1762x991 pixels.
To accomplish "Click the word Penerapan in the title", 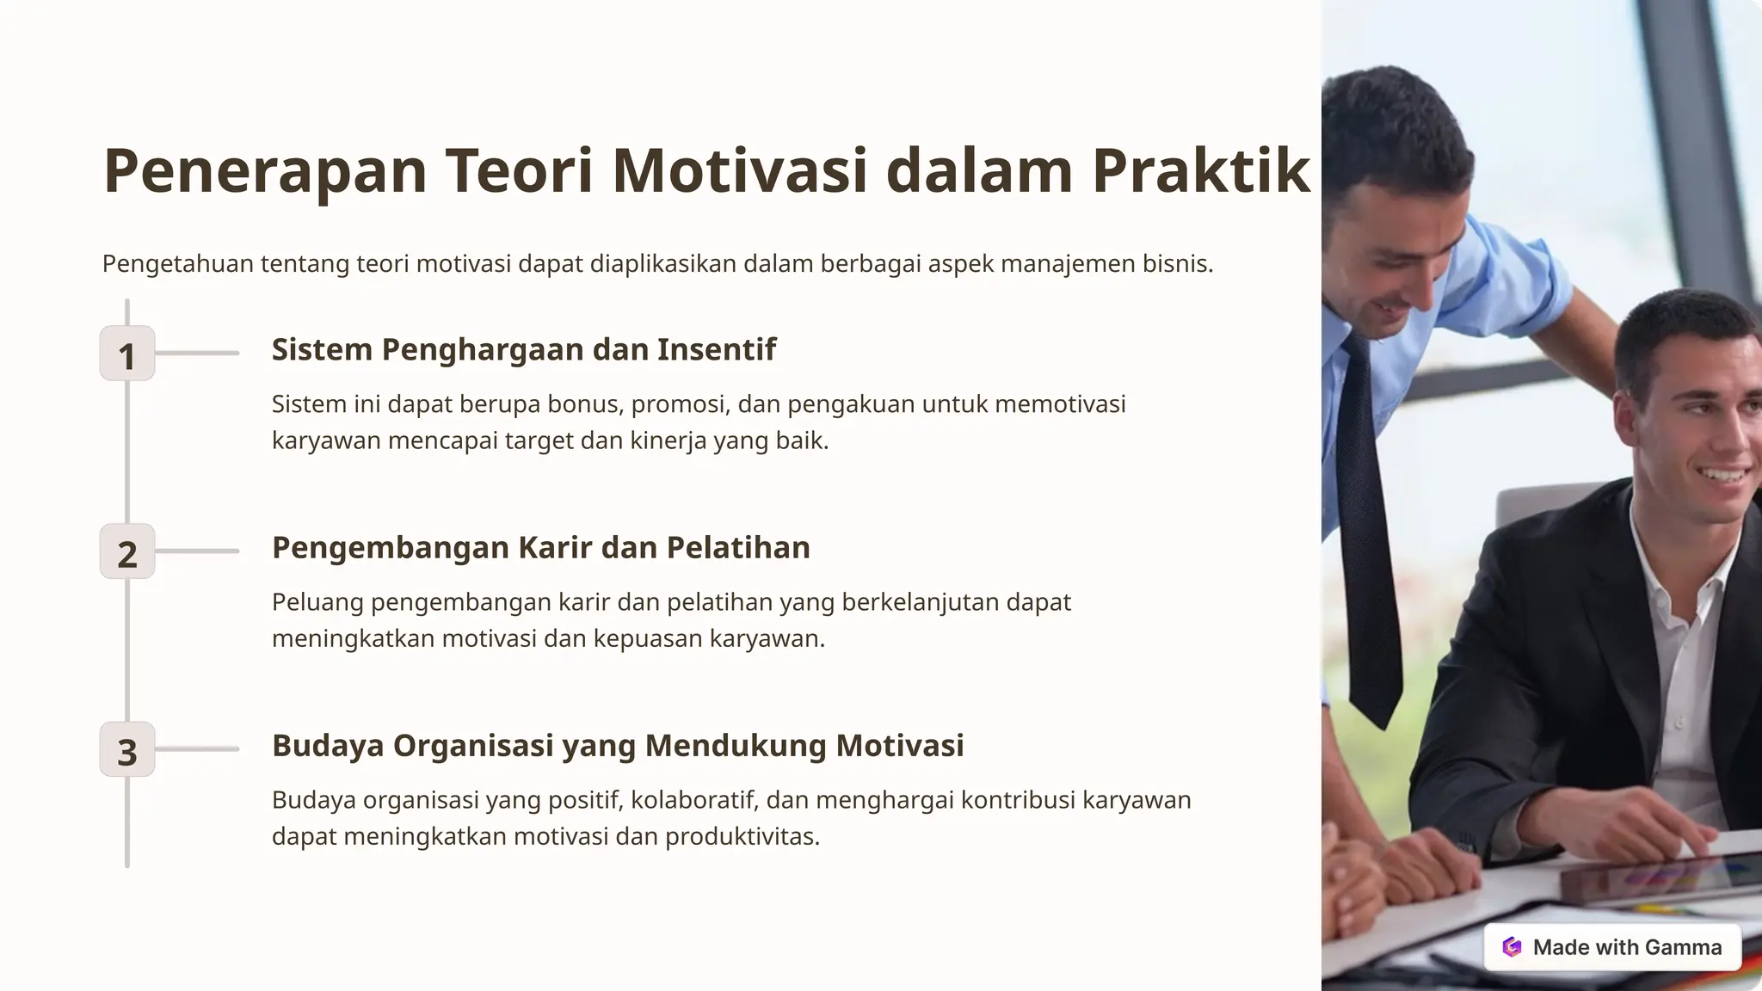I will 265,171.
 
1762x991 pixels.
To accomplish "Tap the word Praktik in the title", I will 1201,169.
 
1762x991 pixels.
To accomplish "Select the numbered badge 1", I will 127,354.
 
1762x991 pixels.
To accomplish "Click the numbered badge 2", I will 127,551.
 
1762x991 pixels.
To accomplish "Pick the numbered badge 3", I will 127,749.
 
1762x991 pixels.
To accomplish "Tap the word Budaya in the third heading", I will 328,746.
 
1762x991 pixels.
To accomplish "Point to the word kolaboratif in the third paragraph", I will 694,800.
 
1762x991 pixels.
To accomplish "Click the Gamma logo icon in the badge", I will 1512,947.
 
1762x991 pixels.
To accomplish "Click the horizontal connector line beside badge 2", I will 197,551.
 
